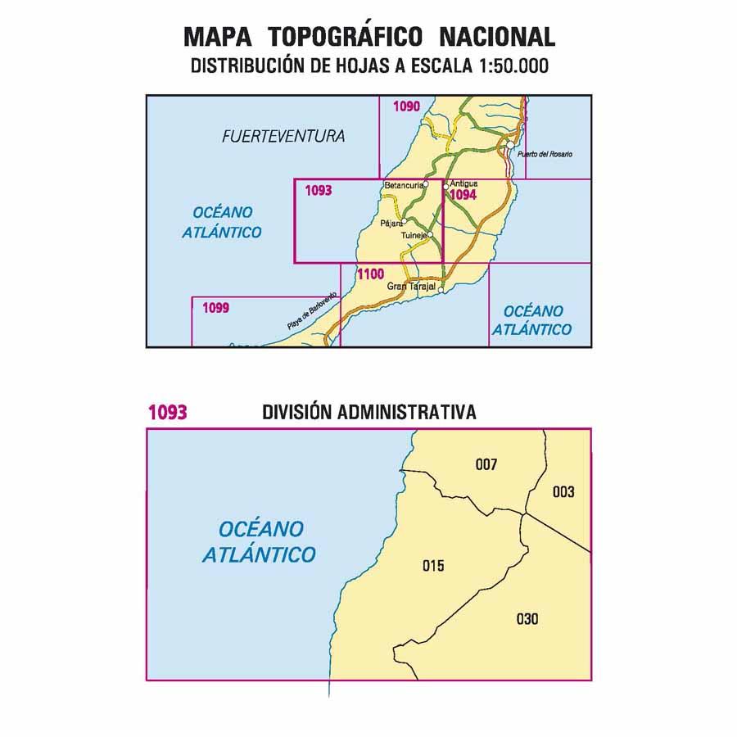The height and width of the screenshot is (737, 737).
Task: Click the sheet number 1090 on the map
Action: (x=407, y=106)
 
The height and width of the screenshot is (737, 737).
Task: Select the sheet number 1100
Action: (x=371, y=274)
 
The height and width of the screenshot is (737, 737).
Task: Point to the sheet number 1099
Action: (x=215, y=308)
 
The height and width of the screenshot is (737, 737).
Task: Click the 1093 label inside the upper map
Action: (x=318, y=191)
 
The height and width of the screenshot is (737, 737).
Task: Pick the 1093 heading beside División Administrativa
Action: (x=167, y=413)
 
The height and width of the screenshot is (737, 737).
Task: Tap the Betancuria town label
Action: (x=403, y=186)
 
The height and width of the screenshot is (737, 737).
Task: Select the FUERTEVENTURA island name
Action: (x=283, y=138)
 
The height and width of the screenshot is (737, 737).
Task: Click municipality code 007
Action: (x=486, y=465)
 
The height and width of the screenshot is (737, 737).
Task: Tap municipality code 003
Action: (x=563, y=492)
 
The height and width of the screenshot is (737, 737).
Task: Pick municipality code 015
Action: (x=433, y=565)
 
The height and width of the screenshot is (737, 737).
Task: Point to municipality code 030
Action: (x=528, y=619)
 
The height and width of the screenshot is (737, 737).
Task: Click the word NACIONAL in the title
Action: (x=497, y=37)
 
